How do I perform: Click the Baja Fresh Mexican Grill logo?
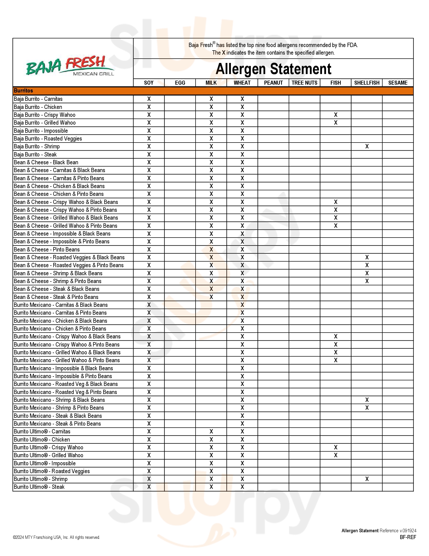tap(70, 66)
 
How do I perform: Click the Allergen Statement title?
tap(273, 69)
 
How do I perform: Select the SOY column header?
tap(149, 83)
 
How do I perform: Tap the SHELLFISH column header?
tap(367, 83)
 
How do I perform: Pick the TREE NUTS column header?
tap(304, 83)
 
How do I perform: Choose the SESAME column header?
tap(398, 83)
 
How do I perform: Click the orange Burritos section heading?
tap(23, 91)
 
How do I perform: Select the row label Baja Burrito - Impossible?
tap(41, 131)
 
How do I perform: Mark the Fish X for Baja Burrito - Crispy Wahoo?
tap(335, 115)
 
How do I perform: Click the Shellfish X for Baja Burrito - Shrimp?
tap(367, 146)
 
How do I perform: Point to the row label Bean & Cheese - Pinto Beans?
tap(46, 249)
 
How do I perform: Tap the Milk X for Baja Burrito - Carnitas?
tap(211, 99)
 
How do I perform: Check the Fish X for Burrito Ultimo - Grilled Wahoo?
tap(335, 455)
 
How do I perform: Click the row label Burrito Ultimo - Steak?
tap(39, 487)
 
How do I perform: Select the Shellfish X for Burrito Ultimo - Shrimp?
tap(367, 479)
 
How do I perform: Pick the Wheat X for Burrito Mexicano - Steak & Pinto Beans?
tap(242, 424)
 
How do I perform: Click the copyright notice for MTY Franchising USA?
tap(57, 537)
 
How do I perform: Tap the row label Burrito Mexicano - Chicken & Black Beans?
tap(60, 321)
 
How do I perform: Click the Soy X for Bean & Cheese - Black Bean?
tap(149, 163)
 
